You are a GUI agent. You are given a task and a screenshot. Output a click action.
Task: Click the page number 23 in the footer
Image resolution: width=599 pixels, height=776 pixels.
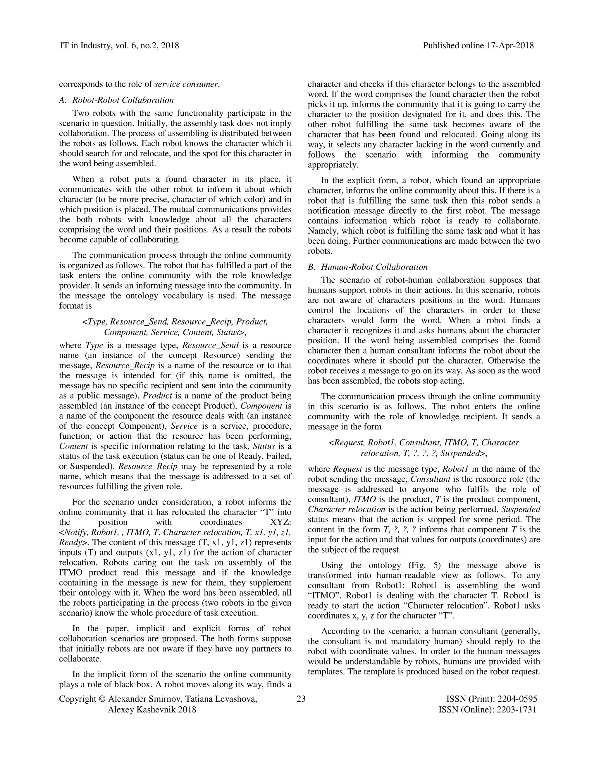click(301, 699)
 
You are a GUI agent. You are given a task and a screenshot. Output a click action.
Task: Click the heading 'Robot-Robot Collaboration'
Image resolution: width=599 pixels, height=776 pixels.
click(123, 100)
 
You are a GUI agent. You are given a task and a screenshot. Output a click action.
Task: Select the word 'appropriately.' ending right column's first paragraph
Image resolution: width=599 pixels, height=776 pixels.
click(333, 165)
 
